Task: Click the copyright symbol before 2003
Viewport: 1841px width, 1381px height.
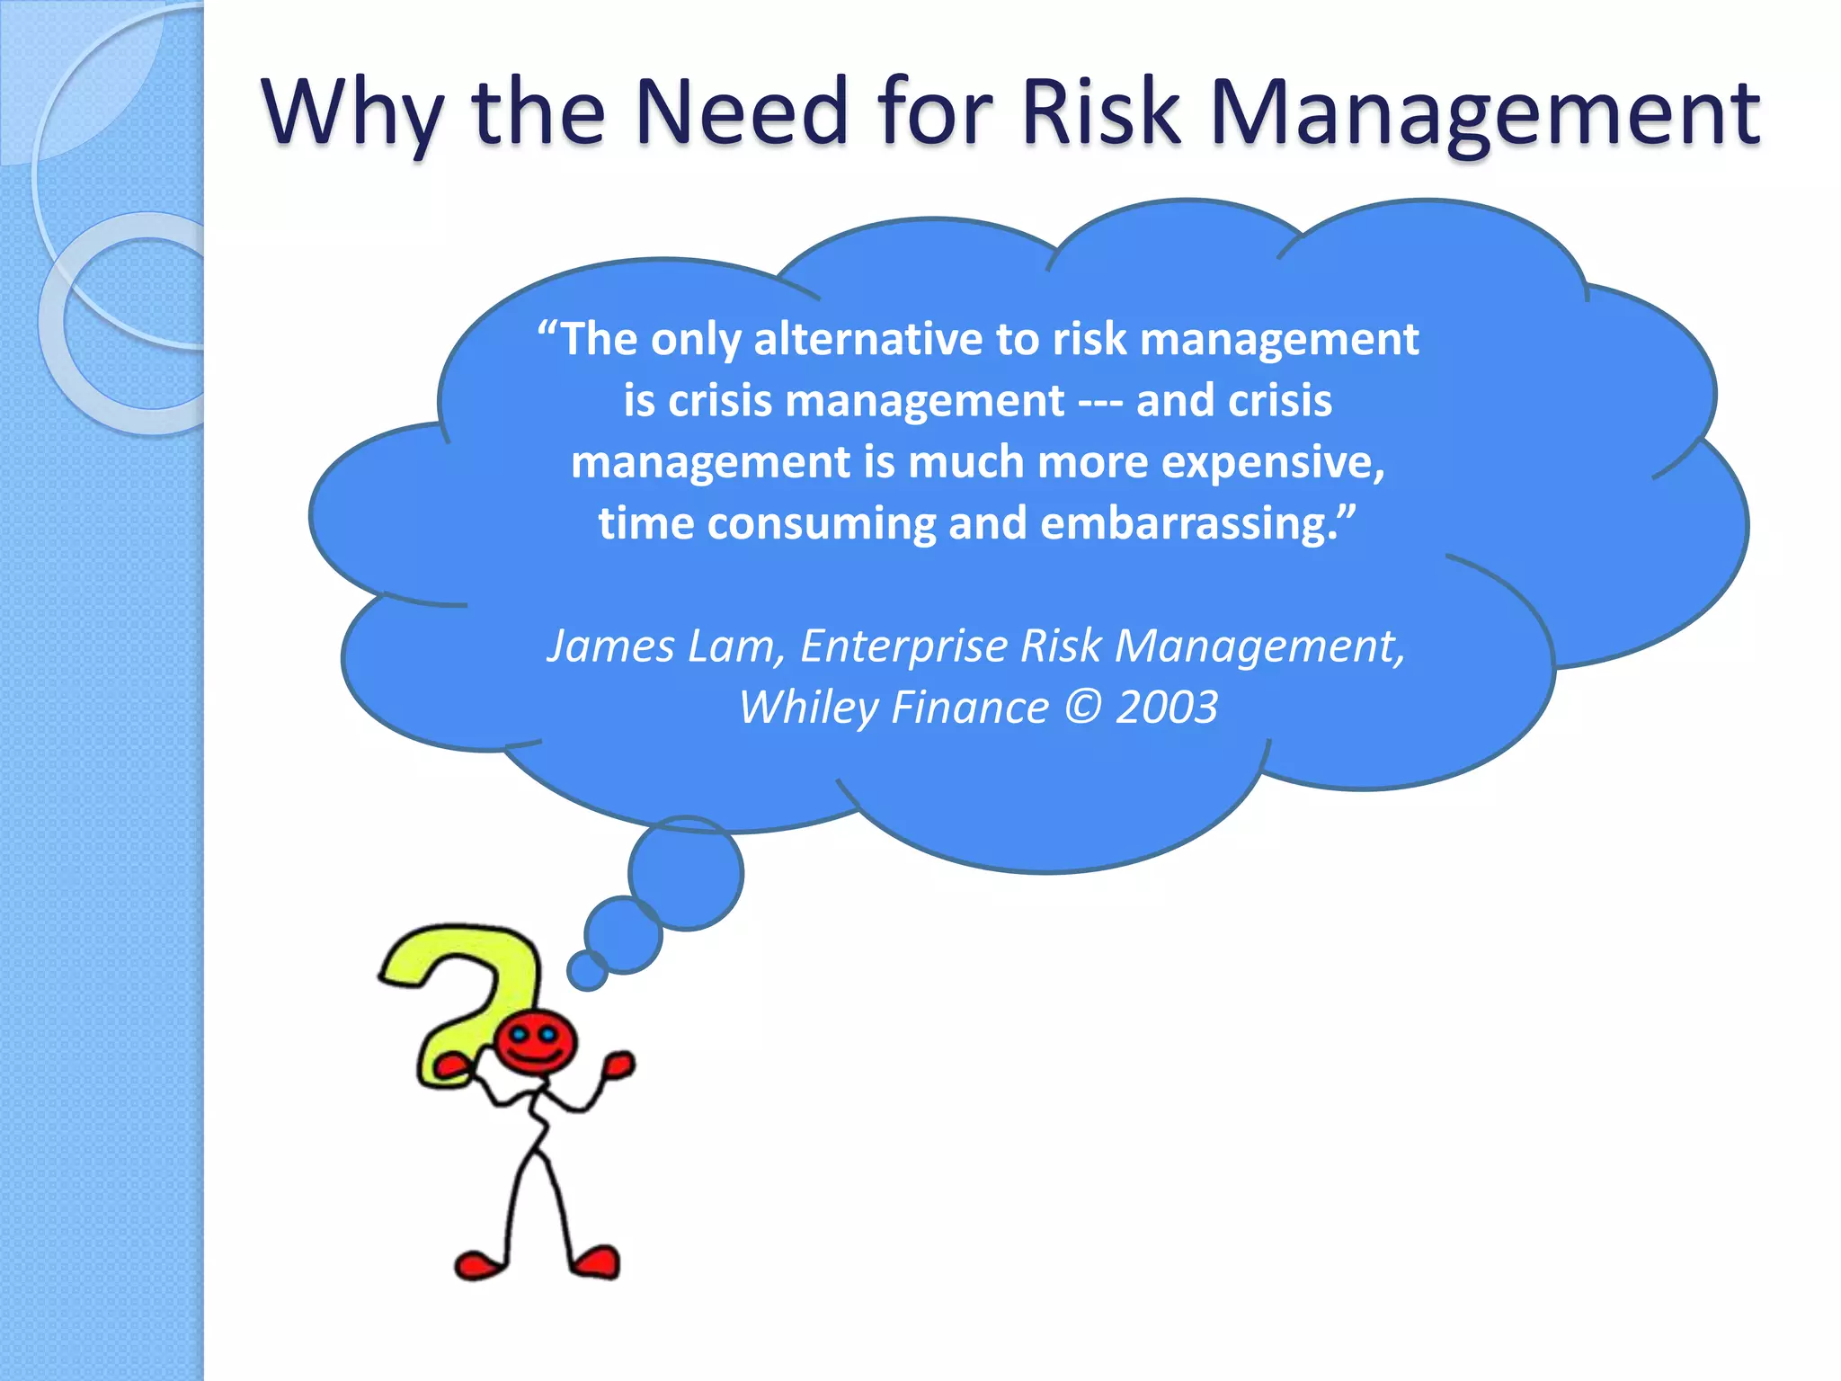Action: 1082,707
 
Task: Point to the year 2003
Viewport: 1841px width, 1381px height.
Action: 1167,707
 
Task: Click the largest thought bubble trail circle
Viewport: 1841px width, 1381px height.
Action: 686,873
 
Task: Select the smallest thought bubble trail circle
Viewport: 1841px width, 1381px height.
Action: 587,971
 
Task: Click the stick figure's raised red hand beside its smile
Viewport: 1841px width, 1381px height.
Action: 618,1065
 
